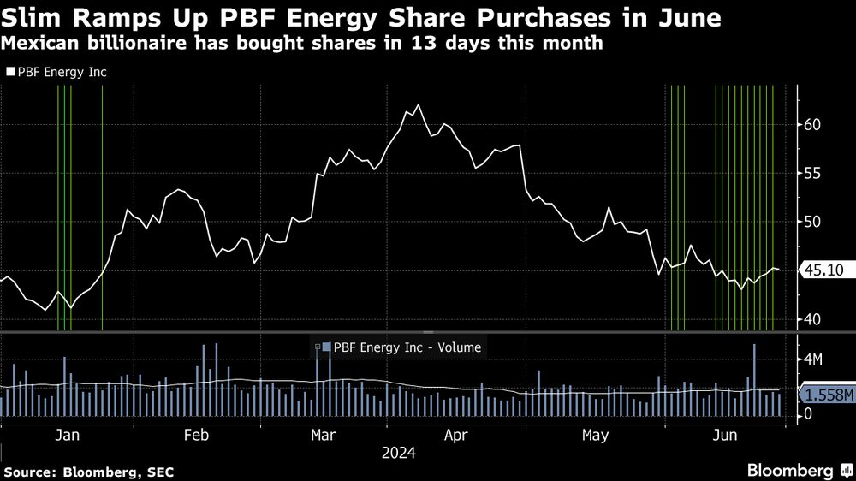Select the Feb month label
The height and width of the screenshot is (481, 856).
click(x=197, y=436)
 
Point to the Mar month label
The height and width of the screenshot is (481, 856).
click(x=323, y=436)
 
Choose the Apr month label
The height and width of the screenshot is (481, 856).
click(x=456, y=436)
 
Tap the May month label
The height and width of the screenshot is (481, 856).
click(x=595, y=436)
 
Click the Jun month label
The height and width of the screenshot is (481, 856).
click(x=725, y=436)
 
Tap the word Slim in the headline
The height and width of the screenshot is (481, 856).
click(x=33, y=17)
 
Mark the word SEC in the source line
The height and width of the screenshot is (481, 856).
click(x=142, y=471)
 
